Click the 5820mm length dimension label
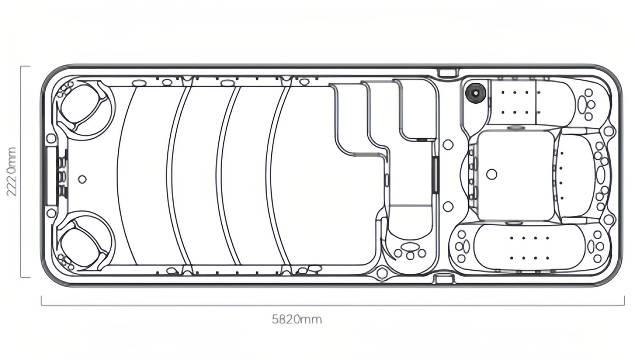tap(296, 319)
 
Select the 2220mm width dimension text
tap(12, 172)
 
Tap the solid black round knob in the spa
tap(475, 93)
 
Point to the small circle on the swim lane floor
tap(83, 179)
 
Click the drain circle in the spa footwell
tap(491, 174)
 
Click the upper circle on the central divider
tap(448, 144)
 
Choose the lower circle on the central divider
tap(448, 207)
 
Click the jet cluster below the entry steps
tap(409, 251)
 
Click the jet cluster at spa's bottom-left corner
tap(462, 246)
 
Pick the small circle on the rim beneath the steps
tap(382, 273)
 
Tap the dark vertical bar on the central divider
tap(435, 175)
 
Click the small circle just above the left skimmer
tap(51, 138)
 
